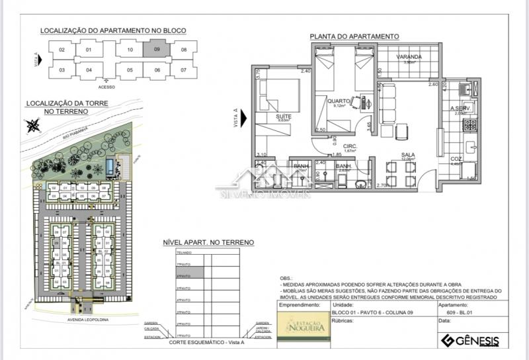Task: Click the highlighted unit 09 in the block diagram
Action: pos(157,50)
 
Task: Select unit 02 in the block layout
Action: pos(61,50)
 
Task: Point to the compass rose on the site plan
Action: pos(32,126)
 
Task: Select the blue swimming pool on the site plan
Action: pos(107,167)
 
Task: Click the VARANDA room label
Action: pos(409,58)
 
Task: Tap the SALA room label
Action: pos(407,154)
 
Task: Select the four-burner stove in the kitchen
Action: pos(471,124)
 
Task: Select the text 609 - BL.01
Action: pos(454,312)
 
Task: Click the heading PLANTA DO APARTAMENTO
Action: pos(354,36)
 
